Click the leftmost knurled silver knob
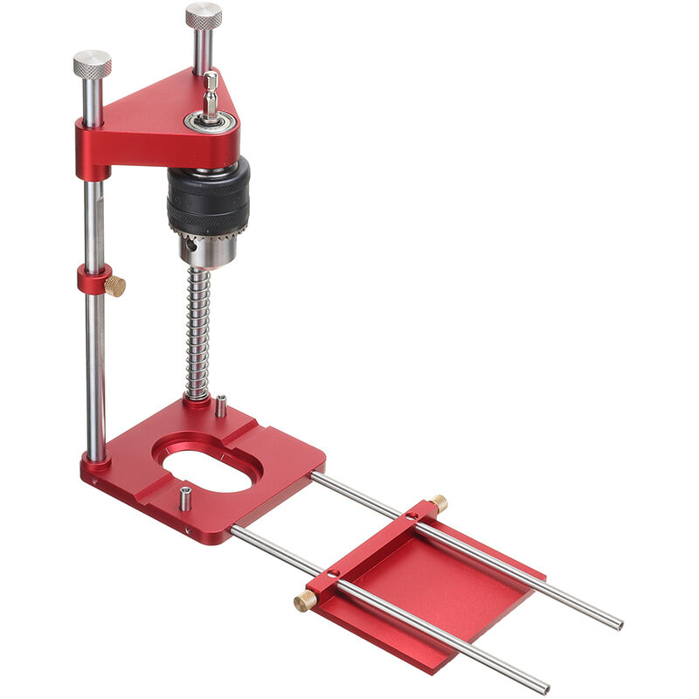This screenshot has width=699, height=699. click(92, 64)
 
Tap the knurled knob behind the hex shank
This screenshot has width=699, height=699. click(203, 17)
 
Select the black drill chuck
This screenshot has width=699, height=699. click(208, 197)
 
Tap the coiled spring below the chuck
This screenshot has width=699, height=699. click(198, 332)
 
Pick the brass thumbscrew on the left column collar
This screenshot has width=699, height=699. click(115, 286)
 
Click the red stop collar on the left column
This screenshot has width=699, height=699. click(93, 280)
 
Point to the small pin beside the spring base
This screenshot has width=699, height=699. click(221, 405)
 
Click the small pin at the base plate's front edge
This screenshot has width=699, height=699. click(186, 500)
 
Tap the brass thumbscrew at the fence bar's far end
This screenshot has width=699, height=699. click(438, 502)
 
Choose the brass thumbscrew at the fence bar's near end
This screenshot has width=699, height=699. click(305, 600)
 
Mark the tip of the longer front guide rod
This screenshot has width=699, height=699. click(543, 687)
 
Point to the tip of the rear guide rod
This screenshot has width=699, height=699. click(618, 624)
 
